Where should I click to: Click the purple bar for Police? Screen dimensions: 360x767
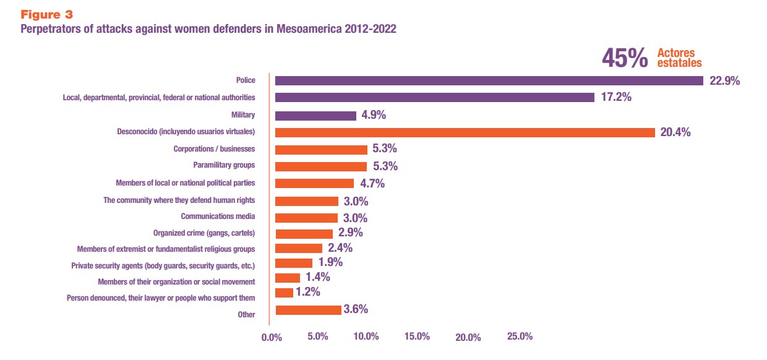(489, 80)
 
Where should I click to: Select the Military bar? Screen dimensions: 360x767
(315, 116)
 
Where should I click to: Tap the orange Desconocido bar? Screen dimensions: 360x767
(465, 132)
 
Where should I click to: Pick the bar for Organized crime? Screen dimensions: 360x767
(304, 233)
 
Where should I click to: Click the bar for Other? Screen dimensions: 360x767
(308, 310)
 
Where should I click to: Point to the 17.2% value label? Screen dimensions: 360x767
(616, 98)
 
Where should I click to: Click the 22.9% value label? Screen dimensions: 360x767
(725, 81)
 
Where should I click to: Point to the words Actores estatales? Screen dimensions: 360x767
(679, 58)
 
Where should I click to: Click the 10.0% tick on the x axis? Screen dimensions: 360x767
(366, 336)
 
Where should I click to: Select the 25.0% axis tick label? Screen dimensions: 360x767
(520, 336)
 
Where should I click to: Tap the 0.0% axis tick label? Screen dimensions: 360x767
(272, 337)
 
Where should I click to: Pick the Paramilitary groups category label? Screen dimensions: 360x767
(224, 166)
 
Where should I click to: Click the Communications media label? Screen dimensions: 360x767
(218, 216)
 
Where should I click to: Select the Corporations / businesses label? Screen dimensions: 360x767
(214, 149)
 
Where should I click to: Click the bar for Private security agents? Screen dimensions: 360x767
(294, 263)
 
